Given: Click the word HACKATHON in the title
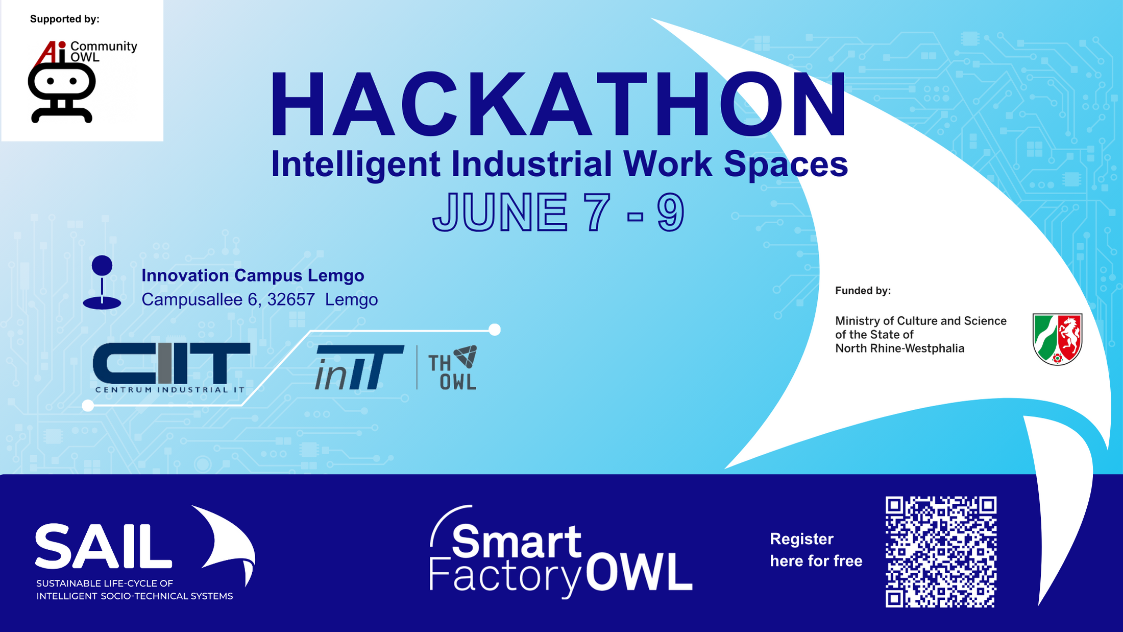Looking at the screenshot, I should (558, 105).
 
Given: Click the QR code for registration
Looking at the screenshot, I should (941, 552).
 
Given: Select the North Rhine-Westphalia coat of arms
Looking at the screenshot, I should (1057, 339).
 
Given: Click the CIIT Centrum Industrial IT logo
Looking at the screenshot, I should (171, 367).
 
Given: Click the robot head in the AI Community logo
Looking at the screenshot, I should (62, 82).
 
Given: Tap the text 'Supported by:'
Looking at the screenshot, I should (65, 19).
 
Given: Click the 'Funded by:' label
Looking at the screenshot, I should (863, 291).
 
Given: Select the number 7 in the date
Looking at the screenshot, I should (597, 213).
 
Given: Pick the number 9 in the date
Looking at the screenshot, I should (670, 213).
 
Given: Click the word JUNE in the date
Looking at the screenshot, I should (500, 213).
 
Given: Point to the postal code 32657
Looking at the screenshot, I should (291, 299).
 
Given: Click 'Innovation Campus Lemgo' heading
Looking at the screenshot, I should (253, 275).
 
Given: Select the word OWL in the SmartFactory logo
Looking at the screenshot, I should (639, 572).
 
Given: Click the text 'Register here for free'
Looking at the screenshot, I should (816, 550).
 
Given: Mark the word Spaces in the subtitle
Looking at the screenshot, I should (786, 165).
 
